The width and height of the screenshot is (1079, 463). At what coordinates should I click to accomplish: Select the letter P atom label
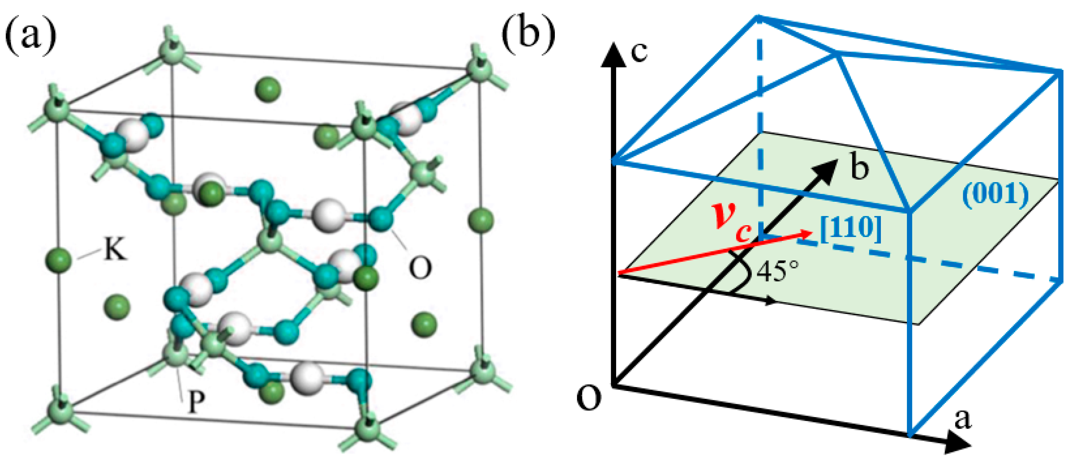click(x=196, y=402)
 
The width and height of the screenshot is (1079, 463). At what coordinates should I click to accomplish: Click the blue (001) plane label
click(x=995, y=195)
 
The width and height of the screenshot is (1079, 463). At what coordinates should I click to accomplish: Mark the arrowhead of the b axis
click(x=827, y=170)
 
